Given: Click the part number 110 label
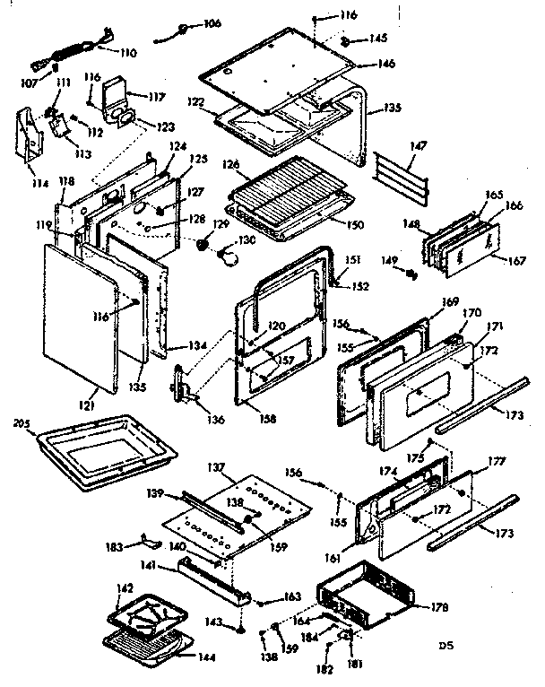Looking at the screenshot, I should [x=127, y=53].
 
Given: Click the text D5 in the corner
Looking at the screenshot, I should [x=446, y=644].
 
